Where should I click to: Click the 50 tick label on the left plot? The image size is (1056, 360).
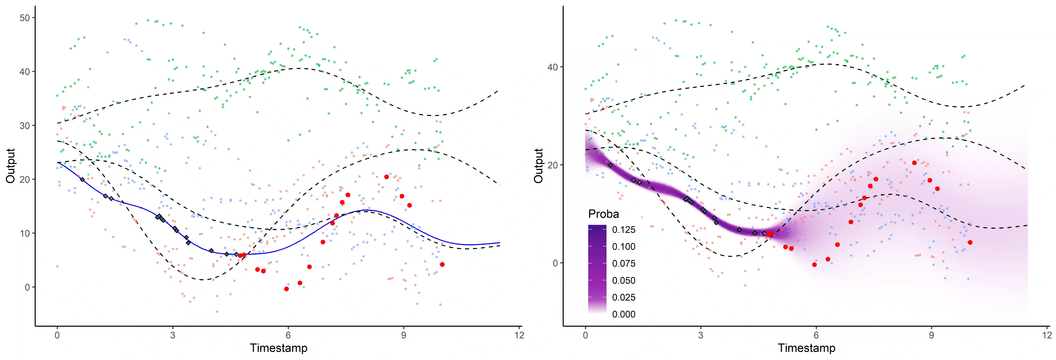25,18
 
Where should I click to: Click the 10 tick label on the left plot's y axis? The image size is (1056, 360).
25,233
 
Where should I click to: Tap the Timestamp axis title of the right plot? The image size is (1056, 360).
806,348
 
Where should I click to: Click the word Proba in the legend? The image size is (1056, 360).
603,214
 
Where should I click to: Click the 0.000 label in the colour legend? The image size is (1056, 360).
624,315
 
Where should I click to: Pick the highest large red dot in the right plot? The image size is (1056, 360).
914,163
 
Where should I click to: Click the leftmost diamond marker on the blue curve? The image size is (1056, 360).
82,180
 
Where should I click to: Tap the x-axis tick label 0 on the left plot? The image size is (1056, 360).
57,335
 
